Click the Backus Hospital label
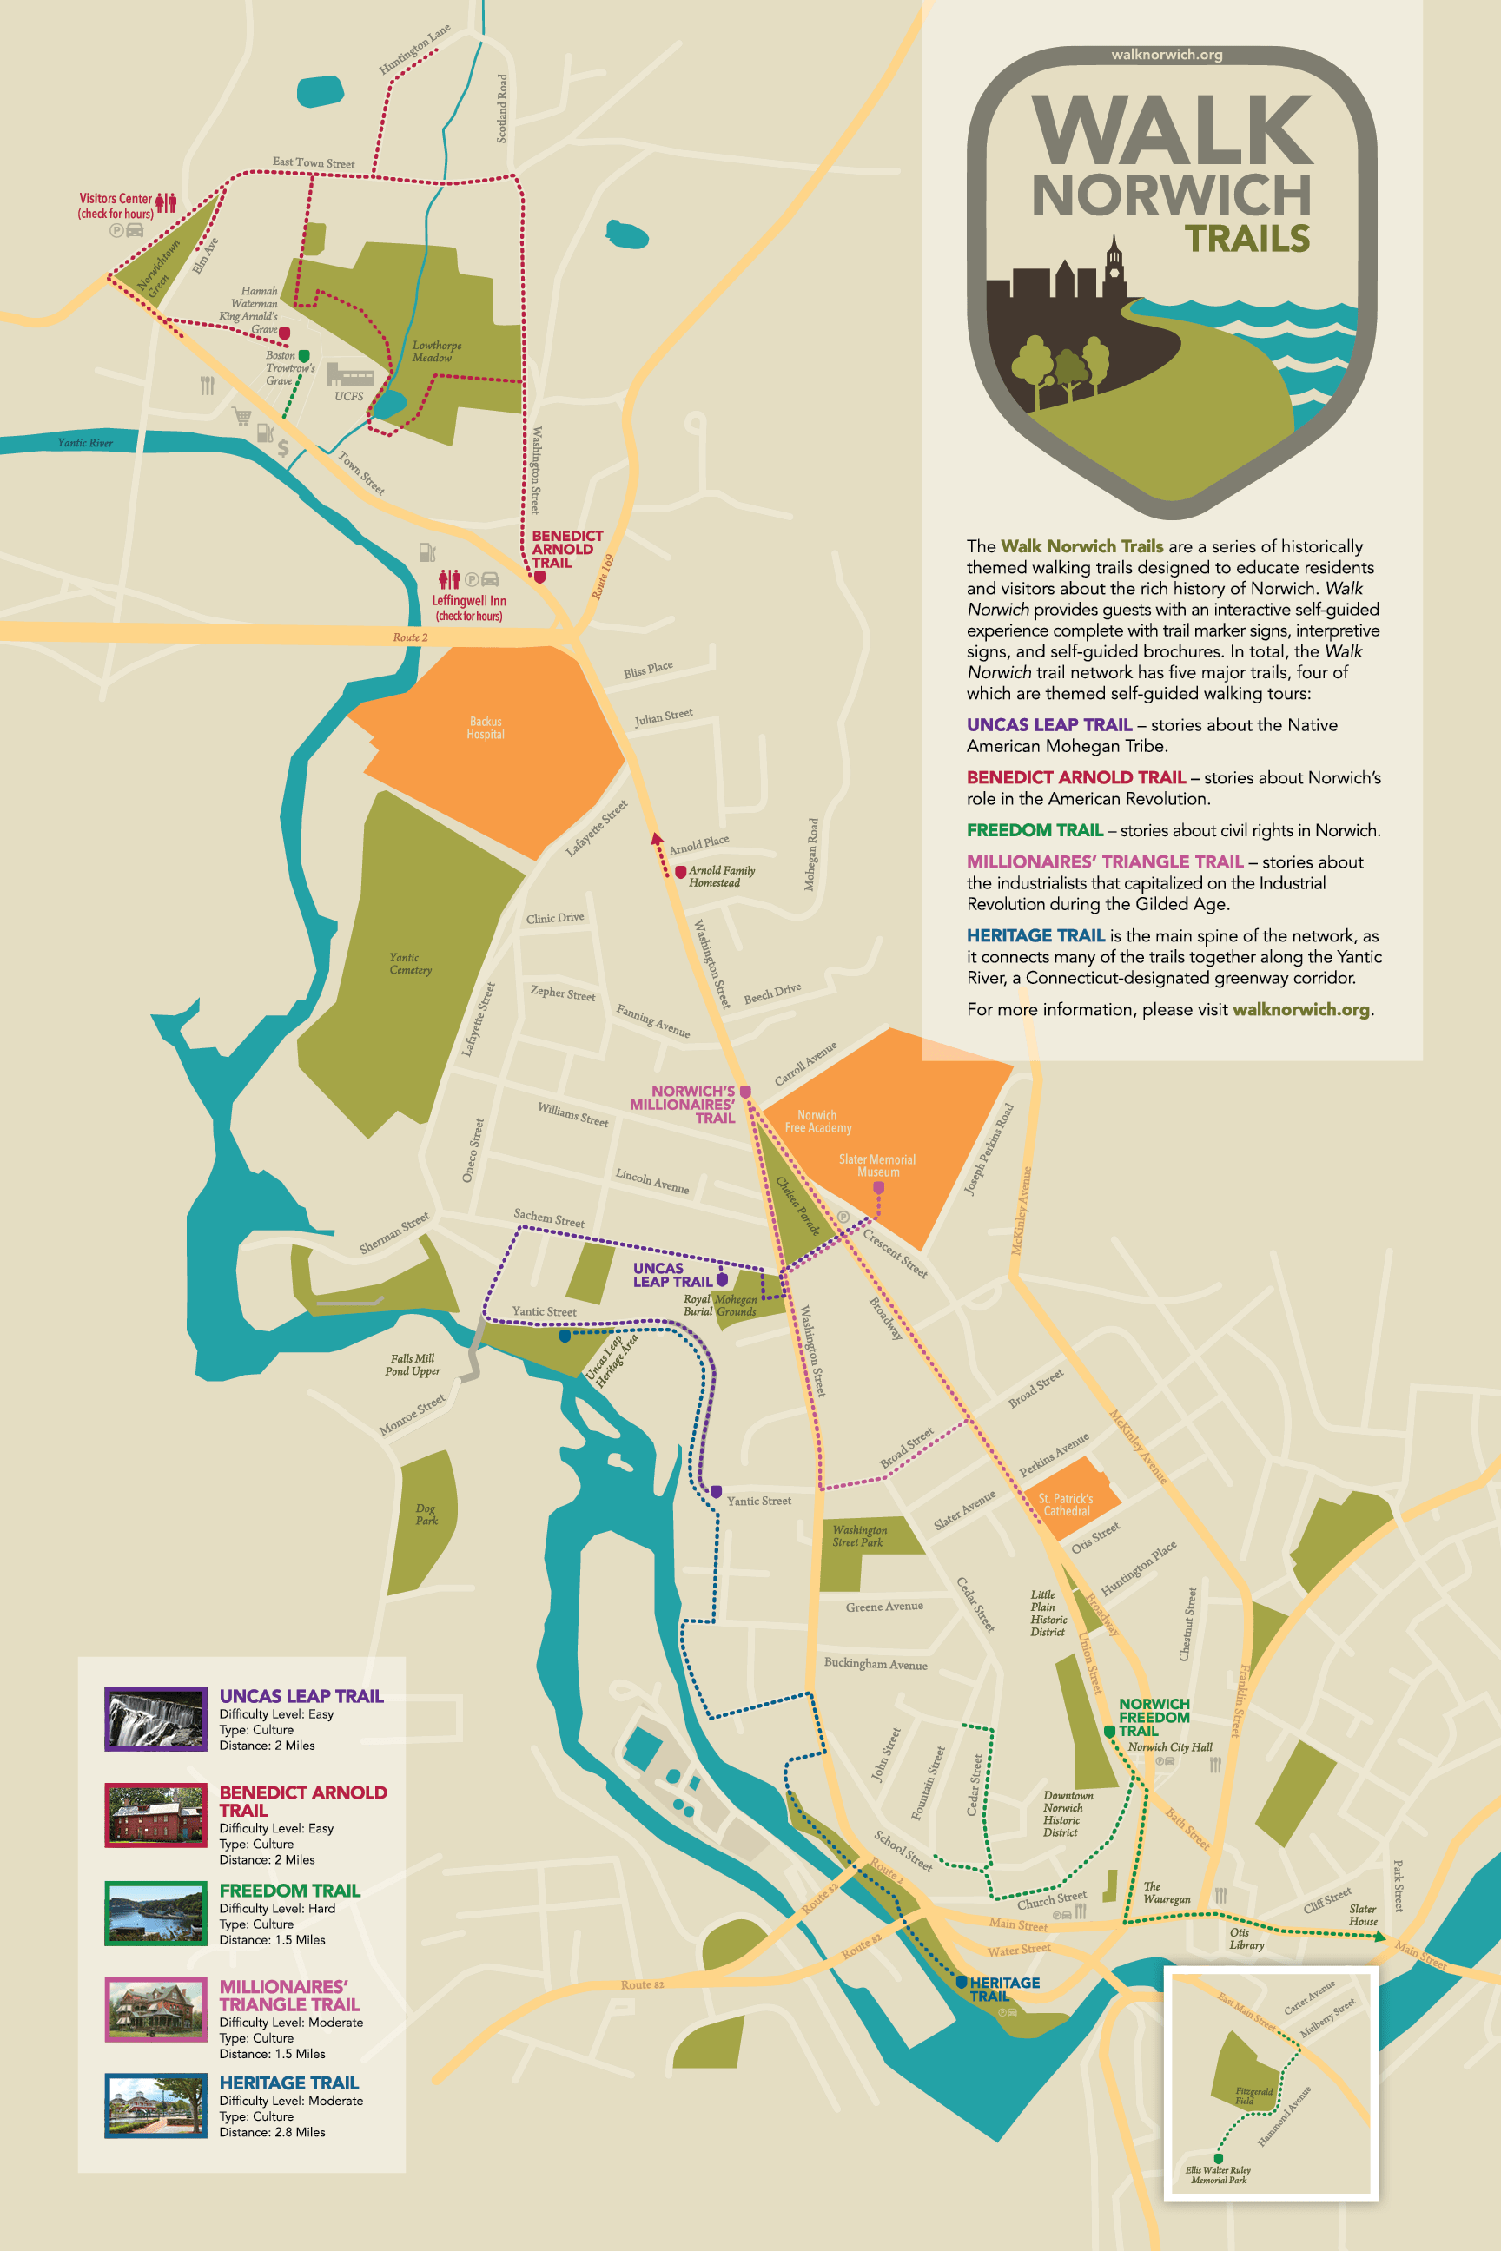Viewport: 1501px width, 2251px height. coord(486,728)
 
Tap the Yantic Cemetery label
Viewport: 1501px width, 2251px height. coord(411,963)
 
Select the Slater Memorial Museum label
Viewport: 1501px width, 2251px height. coord(876,1165)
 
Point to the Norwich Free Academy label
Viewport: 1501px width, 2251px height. coord(817,1120)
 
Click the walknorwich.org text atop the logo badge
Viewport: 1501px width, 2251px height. coord(1166,55)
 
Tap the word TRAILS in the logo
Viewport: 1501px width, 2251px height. coord(1246,238)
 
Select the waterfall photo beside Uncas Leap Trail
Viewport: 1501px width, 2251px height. coord(155,1719)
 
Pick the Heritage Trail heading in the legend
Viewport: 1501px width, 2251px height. coord(288,2083)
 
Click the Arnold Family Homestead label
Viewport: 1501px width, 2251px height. coord(721,875)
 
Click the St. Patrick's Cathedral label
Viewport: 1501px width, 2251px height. coord(1066,1504)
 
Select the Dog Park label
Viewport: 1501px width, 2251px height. coord(426,1514)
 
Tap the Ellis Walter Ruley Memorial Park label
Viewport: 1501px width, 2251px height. coord(1218,2175)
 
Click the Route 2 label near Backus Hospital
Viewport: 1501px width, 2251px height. coord(410,637)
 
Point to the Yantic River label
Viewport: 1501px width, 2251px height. coord(84,442)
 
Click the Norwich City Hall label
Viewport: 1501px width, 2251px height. coord(1169,1746)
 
